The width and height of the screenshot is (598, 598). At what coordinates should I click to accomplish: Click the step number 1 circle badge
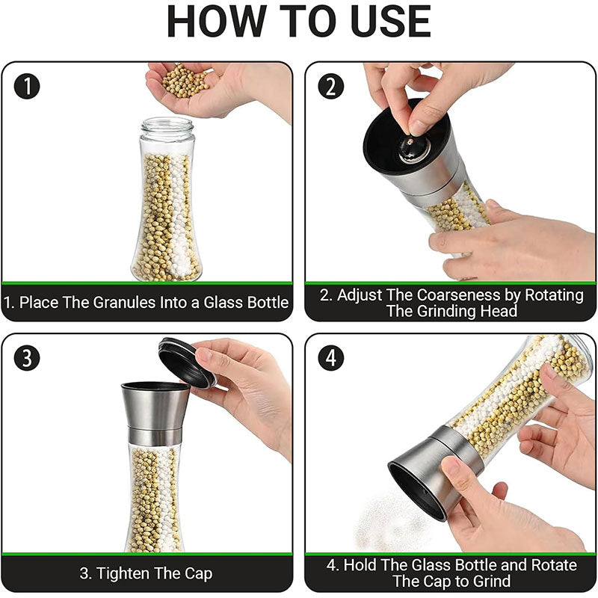[x=28, y=87]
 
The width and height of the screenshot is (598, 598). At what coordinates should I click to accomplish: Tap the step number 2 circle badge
[x=331, y=87]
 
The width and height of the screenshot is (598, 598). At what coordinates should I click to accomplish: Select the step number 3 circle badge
[x=28, y=358]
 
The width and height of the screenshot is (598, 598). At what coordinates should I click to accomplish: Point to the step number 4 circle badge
[x=331, y=358]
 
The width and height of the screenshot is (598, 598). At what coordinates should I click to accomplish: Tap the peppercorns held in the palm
[x=186, y=81]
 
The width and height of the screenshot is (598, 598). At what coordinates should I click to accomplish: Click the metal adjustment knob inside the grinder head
[x=410, y=148]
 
